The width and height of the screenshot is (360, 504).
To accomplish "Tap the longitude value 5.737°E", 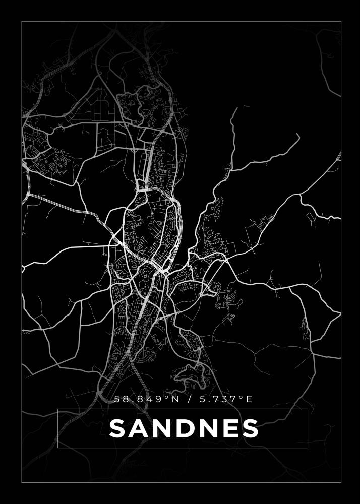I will tap(222, 399).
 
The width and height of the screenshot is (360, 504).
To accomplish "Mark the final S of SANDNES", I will tap(250, 429).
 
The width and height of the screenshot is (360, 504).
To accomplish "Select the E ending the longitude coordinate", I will tap(248, 399).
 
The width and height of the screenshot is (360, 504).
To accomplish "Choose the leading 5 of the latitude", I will tap(118, 399).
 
